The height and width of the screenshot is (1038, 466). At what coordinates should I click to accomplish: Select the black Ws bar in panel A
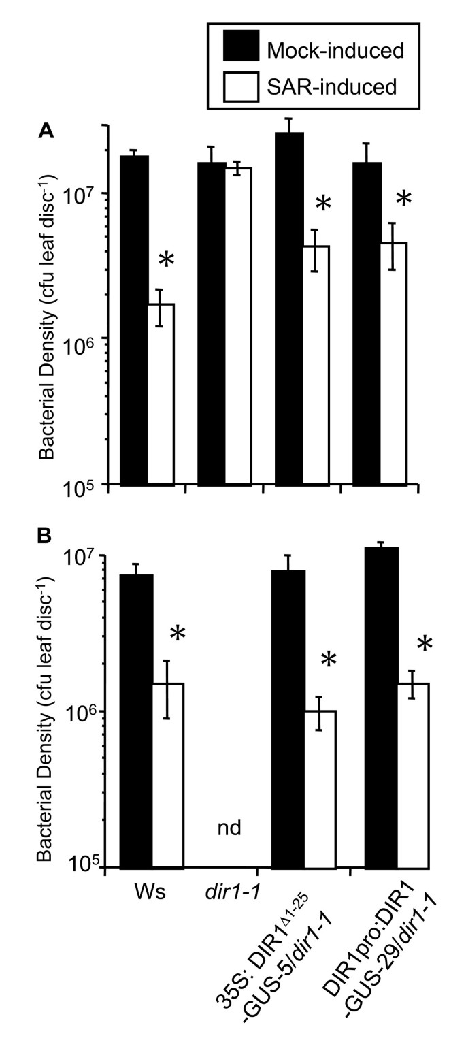(134, 320)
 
